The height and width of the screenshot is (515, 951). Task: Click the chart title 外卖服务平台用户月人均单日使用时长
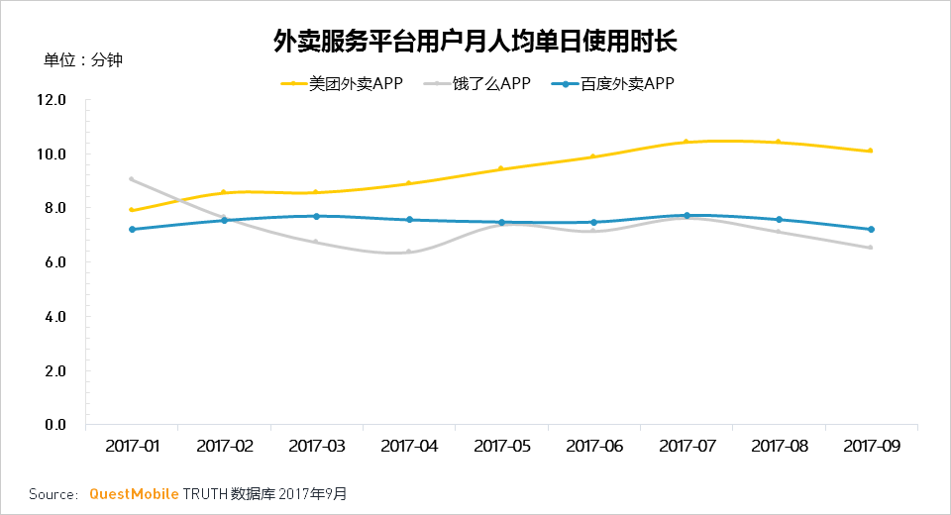(475, 42)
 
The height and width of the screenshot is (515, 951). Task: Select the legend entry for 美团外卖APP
(342, 84)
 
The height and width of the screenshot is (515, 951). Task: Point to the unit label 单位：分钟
(83, 60)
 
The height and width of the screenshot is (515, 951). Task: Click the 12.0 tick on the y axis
(51, 100)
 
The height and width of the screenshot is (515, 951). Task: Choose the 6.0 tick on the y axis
(51, 262)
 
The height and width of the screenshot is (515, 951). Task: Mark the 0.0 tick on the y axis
(51, 425)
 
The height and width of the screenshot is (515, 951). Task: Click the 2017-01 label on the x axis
(132, 447)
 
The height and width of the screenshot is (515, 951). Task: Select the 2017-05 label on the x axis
(502, 447)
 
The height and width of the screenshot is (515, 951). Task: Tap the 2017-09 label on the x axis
(872, 447)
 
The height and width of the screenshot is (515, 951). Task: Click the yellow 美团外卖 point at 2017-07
(687, 143)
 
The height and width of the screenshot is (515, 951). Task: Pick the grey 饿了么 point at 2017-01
(132, 179)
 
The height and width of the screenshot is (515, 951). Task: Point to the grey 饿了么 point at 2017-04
(409, 252)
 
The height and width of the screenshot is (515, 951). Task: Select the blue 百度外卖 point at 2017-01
(132, 230)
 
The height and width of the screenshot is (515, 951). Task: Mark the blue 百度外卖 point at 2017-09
(872, 230)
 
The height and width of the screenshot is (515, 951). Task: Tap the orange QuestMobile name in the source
(134, 493)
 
